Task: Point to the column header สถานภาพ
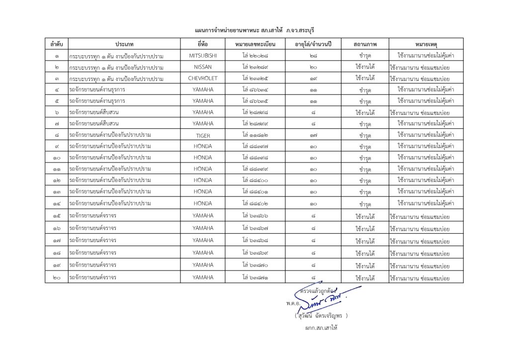point(365,44)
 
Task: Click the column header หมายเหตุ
point(426,44)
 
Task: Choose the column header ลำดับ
point(56,44)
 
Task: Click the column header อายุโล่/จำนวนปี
point(313,44)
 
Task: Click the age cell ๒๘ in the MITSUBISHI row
point(313,55)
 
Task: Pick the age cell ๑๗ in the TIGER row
point(313,135)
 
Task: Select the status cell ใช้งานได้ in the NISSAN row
point(365,67)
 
